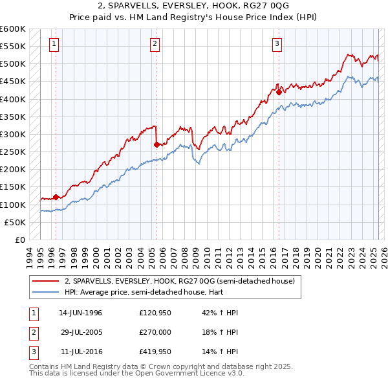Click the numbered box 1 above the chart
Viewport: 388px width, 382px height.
pos(53,44)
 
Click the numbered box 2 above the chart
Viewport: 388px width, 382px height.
pos(155,44)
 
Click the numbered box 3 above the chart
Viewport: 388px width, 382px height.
pos(277,44)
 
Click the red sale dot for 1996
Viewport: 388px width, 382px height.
pos(56,197)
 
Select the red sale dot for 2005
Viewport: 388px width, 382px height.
pos(157,144)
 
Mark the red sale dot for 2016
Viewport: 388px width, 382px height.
pos(279,92)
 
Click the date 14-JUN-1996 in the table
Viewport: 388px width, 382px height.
pos(80,312)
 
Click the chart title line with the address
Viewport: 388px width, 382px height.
pos(194,8)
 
